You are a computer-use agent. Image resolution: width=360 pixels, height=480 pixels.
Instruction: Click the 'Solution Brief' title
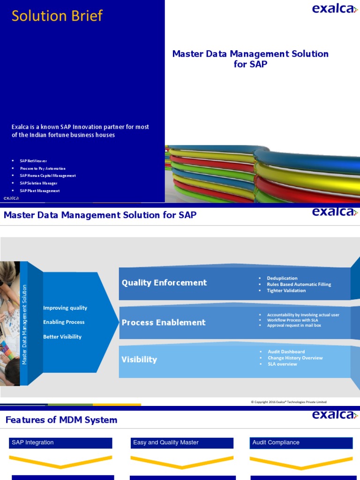coord(57,16)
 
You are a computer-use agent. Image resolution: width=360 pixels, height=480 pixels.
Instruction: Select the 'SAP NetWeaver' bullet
coord(33,161)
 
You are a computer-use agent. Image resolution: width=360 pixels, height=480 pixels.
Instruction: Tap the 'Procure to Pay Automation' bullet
coord(43,168)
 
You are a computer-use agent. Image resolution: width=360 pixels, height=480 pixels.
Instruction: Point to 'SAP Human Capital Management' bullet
coord(47,176)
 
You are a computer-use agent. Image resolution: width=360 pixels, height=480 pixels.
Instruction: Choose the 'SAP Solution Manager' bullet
coord(38,183)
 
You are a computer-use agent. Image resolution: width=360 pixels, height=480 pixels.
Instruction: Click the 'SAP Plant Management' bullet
coord(39,191)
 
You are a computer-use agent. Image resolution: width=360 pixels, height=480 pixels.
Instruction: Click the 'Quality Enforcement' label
coord(164,283)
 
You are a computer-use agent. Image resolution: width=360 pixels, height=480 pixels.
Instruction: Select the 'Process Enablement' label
coord(164,322)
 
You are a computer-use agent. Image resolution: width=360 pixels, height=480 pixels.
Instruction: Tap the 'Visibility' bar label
coord(139,360)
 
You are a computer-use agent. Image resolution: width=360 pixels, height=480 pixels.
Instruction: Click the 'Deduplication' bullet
coord(282,278)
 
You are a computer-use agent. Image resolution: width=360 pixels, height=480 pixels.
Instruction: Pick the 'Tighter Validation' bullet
coord(286,291)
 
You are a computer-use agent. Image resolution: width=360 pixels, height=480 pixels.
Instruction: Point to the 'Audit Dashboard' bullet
coord(286,352)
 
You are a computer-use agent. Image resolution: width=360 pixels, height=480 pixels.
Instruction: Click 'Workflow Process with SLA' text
coord(292,320)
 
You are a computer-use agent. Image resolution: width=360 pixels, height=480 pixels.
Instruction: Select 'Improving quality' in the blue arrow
coord(65,308)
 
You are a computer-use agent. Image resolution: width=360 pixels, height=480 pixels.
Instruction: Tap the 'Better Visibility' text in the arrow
coord(62,337)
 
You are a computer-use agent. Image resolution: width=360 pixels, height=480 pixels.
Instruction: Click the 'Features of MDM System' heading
coord(61,420)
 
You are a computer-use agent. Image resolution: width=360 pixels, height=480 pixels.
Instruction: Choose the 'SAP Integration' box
coord(60,443)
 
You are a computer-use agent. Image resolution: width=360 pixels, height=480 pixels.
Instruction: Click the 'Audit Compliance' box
coord(301,443)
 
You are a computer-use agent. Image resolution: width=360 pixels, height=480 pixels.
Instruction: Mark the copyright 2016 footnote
coord(289,402)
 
